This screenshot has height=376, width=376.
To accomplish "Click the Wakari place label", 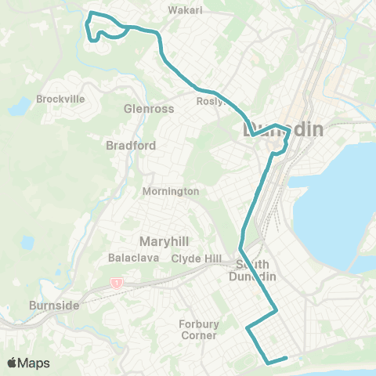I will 186,10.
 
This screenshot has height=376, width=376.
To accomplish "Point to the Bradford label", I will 131,145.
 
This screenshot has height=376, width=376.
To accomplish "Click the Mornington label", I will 171,191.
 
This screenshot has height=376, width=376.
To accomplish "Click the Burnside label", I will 53,305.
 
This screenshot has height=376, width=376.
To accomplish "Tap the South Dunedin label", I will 254,269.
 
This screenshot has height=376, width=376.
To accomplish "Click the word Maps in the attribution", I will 35,363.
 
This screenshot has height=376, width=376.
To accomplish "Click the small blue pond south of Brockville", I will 28,242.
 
